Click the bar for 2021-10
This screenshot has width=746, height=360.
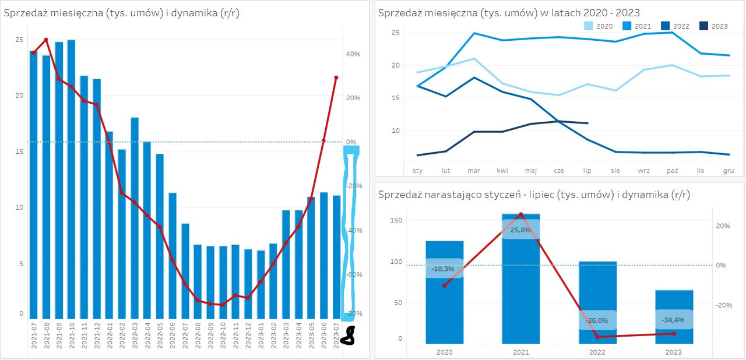71,175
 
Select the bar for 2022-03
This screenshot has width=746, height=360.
135,216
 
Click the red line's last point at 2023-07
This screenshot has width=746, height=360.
336,77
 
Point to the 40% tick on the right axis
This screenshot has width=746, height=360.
353,54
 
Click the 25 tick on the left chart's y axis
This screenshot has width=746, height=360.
19,40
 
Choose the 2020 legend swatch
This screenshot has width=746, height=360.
589,26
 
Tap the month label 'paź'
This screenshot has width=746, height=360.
672,171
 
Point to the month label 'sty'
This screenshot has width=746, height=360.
418,171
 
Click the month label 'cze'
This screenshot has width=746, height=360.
558,171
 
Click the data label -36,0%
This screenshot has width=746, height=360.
597,320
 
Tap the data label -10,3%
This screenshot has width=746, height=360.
444,269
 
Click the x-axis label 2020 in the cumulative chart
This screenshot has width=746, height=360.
444,351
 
